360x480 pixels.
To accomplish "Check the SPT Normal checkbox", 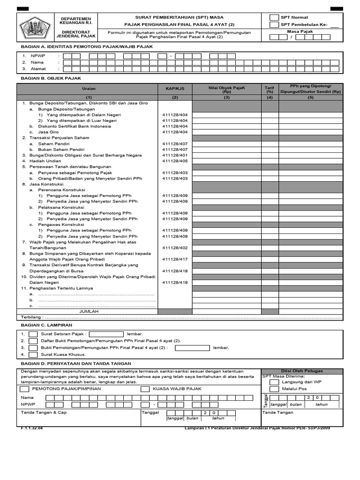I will [274, 17].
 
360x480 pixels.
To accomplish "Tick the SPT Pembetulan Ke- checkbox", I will [274, 25].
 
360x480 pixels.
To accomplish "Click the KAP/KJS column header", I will [175, 88].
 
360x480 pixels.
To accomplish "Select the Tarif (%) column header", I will [270, 89].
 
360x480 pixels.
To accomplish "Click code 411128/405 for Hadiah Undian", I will [175, 161].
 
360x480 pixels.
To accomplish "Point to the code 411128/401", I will [175, 155].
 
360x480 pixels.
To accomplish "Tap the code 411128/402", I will [175, 247].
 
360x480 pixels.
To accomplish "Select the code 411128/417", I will [175, 259].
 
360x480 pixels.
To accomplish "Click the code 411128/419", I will [175, 282].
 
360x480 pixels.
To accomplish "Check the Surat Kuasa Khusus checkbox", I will [33, 355].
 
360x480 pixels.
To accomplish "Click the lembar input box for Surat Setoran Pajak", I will [106, 334].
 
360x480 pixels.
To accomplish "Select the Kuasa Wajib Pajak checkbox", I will [145, 389].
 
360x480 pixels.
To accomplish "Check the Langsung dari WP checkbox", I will [274, 382].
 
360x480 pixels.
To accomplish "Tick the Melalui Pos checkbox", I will [274, 389].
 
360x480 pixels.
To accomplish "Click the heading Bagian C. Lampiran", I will [46, 324].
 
